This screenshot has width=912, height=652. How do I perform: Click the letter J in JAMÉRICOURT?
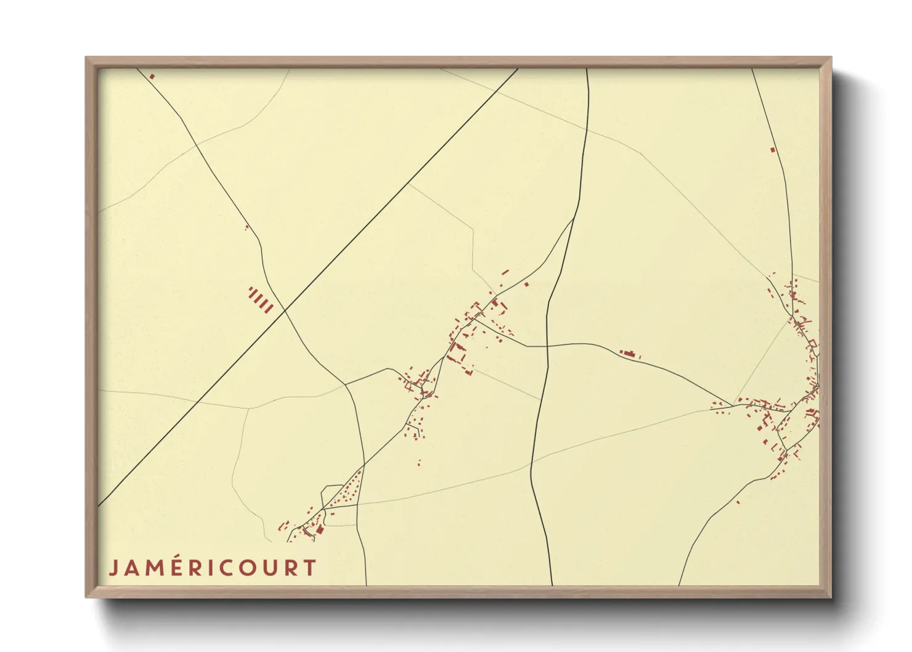click(113, 568)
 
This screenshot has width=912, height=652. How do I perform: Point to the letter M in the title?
click(150, 568)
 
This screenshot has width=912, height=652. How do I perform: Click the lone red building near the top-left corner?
click(152, 76)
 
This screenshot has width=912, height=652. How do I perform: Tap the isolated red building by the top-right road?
click(773, 149)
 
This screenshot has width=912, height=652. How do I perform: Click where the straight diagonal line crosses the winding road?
click(285, 311)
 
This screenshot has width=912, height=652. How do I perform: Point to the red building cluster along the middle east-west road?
click(629, 354)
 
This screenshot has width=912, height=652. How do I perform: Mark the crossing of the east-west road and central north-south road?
click(547, 346)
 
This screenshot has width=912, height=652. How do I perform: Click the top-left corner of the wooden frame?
click(86, 58)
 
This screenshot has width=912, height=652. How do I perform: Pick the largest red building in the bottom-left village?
click(320, 529)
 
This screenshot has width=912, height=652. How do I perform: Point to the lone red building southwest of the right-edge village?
click(738, 502)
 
